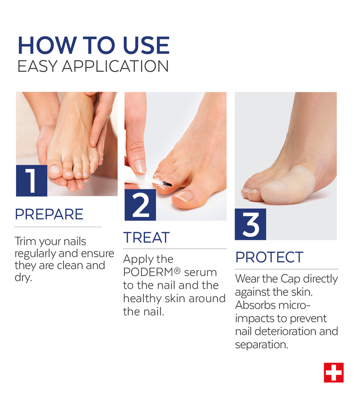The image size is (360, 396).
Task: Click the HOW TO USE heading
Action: coord(94,45)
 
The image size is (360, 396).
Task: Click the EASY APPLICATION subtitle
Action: coord(93,66)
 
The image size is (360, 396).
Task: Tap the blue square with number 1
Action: coord(31,181)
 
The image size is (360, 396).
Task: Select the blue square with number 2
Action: coord(140,205)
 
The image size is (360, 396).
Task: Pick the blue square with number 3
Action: coord(250,224)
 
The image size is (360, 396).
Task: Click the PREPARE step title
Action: coord(49,214)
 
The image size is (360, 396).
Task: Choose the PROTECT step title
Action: coord(269,257)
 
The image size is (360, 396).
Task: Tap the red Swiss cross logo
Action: coord(334,373)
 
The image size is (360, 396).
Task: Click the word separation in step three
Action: coord(262,344)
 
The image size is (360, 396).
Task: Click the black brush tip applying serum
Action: coord(168,184)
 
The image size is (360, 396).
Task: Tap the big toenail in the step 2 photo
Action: coord(184,196)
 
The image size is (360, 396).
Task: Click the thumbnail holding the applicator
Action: coord(140,166)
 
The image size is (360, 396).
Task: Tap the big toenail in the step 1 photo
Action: coord(55,169)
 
